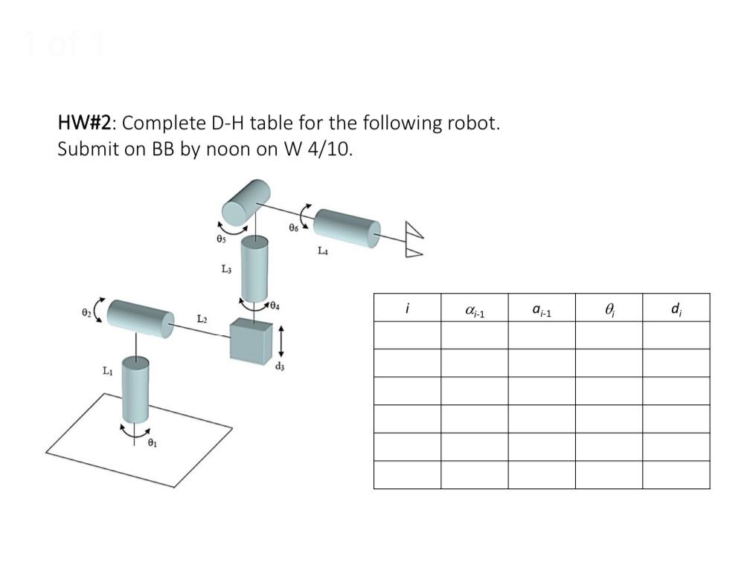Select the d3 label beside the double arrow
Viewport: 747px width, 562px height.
pyautogui.click(x=280, y=366)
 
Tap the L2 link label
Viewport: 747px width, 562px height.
pyautogui.click(x=202, y=318)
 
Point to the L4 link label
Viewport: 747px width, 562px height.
pyautogui.click(x=322, y=251)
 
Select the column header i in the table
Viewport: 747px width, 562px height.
pyautogui.click(x=407, y=308)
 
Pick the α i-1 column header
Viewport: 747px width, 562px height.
pyautogui.click(x=474, y=309)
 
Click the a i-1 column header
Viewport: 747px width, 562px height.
pyautogui.click(x=542, y=309)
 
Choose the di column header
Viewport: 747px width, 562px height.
pyautogui.click(x=676, y=308)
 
